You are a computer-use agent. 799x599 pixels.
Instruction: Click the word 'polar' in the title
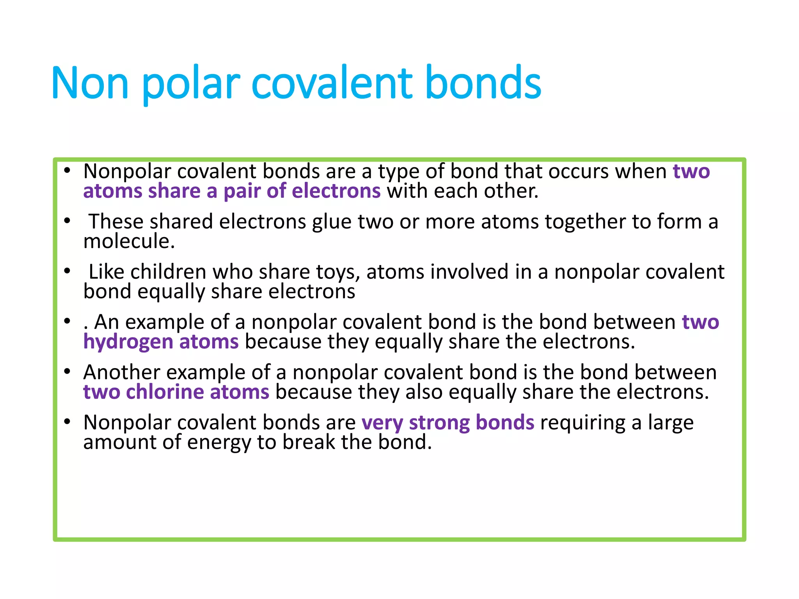191,84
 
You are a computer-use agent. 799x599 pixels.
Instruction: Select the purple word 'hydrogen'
128,342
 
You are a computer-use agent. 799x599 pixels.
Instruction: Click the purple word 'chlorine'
165,392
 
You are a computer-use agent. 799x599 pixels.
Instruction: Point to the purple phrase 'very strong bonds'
447,423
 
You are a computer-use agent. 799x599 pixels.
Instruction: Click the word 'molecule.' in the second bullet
129,241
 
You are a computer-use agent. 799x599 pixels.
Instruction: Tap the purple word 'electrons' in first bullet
336,191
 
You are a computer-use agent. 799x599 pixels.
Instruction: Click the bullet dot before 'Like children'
67,271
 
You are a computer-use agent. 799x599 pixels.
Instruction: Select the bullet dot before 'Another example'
67,372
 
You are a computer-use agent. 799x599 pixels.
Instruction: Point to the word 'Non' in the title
90,84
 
